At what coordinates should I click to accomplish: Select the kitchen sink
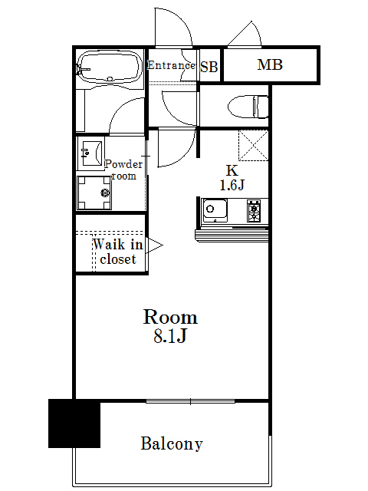(215, 209)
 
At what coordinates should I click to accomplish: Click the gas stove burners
(254, 209)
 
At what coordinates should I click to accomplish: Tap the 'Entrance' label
(171, 65)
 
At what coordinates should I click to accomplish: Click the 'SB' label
(209, 67)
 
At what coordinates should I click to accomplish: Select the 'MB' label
(269, 65)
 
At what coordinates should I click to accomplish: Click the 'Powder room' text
(123, 170)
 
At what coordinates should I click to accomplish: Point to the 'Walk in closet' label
(117, 252)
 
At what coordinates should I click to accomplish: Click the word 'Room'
(171, 317)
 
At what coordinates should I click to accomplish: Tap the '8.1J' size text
(171, 336)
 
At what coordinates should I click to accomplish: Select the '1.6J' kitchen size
(232, 185)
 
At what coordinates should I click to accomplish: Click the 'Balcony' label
(172, 443)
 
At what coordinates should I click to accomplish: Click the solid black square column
(74, 423)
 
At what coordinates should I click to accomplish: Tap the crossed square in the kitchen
(253, 145)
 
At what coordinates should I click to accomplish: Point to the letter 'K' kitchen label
(230, 170)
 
